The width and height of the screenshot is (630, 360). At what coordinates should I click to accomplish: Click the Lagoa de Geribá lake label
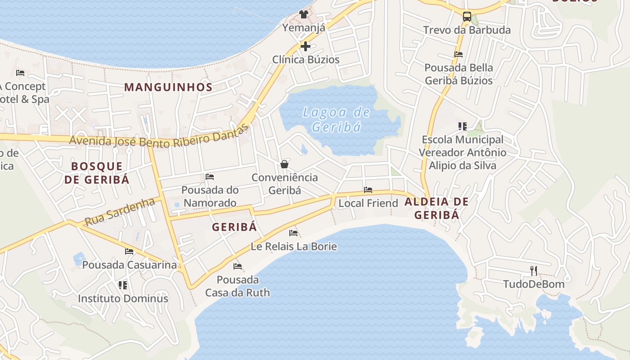pos(336,119)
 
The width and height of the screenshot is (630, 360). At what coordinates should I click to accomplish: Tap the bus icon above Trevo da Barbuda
pos(467,17)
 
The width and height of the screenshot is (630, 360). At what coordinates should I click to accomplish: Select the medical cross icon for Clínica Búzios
pos(306,46)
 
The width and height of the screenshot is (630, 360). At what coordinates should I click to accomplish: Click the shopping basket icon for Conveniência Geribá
pos(284,164)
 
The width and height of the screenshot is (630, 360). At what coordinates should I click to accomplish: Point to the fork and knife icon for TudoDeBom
pos(534,270)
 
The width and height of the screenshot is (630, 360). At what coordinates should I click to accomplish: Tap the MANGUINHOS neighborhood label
pos(168,87)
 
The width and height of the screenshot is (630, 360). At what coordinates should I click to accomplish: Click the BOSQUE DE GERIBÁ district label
pos(97,173)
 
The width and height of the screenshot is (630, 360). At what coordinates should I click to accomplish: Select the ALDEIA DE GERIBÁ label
pos(436,208)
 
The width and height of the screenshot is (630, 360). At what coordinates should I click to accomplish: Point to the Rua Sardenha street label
pos(120,212)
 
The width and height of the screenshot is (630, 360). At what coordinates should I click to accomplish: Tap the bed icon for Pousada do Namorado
pos(210,177)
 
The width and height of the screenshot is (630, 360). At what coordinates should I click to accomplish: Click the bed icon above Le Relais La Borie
pos(293,233)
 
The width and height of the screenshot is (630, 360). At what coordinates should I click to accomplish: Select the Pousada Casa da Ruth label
pos(238,286)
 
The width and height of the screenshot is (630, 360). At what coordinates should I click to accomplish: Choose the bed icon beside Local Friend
pos(368,190)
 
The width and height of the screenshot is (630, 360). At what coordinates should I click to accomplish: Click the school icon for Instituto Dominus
pos(123,285)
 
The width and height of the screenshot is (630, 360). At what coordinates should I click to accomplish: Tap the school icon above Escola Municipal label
pos(463,126)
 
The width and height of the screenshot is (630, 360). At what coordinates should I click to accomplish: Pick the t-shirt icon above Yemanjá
pos(304,14)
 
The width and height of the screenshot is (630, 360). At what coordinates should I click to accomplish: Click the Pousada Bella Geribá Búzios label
pos(459,74)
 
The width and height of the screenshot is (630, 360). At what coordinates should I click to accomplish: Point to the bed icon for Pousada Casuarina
pos(130,252)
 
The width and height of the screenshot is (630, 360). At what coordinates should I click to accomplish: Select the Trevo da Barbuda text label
pos(467,30)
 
